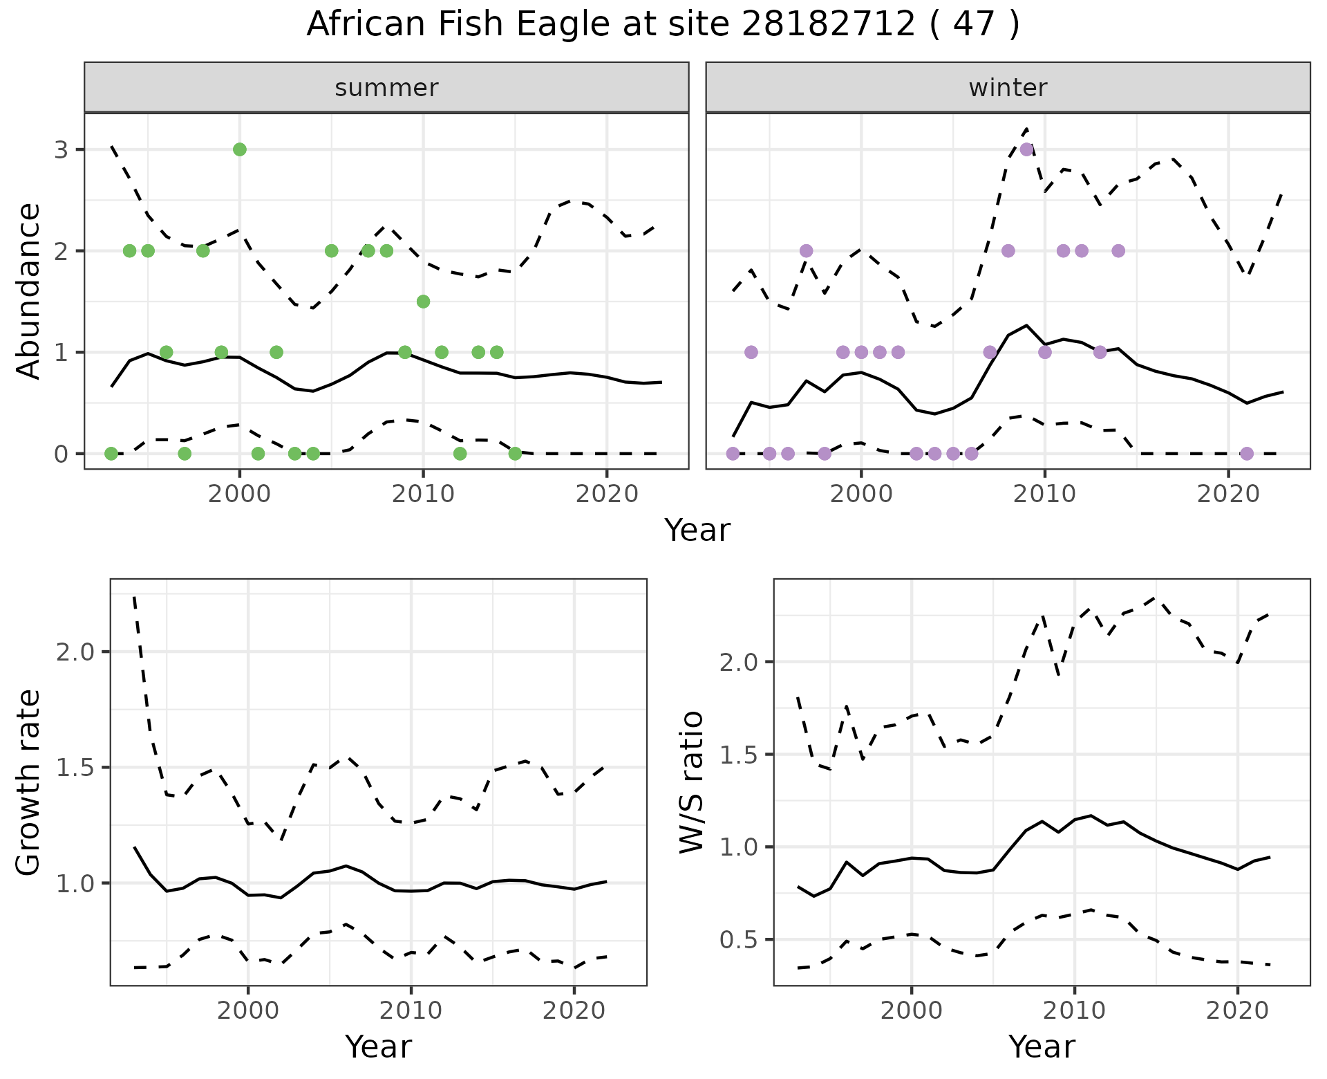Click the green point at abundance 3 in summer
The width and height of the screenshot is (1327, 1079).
(x=240, y=149)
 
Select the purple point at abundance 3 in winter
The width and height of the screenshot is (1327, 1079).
(x=1026, y=149)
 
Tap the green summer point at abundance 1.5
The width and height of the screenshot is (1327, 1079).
(x=424, y=302)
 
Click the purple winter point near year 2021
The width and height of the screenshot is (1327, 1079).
(x=1247, y=454)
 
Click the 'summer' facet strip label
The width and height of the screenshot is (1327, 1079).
(x=386, y=88)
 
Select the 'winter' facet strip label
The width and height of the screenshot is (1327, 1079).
(x=1008, y=88)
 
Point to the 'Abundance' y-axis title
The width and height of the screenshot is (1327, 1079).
(x=29, y=291)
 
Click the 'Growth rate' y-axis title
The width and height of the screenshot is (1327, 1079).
(x=29, y=782)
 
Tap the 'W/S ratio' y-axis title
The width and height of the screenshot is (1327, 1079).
(x=692, y=782)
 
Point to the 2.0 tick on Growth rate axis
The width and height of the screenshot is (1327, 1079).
(x=79, y=652)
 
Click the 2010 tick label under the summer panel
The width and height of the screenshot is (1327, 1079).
(x=423, y=495)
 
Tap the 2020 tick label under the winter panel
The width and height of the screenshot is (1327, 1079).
(x=1228, y=495)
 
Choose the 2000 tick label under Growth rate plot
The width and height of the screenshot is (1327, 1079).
(x=248, y=1011)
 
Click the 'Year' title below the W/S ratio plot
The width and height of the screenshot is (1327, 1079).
(x=1042, y=1047)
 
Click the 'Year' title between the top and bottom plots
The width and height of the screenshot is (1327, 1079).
(x=697, y=531)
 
